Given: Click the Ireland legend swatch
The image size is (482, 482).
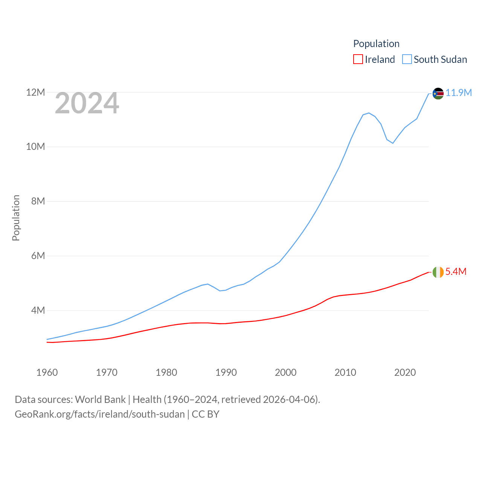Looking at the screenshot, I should (358, 59).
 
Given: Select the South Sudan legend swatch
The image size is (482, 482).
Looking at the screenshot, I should (407, 59).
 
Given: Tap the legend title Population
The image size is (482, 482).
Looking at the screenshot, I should (376, 44).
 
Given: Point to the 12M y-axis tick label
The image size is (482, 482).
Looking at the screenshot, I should (35, 92).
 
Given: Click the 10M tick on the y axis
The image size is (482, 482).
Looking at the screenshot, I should (35, 146).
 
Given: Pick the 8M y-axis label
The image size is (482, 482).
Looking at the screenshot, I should (38, 201).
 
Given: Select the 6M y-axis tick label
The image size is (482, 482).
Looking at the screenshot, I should (38, 256).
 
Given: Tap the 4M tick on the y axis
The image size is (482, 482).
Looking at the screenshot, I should (38, 310).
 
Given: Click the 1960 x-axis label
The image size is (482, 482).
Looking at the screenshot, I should (47, 372).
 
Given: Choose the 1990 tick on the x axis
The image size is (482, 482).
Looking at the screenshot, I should (226, 372).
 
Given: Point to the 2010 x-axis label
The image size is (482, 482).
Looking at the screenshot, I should (345, 372).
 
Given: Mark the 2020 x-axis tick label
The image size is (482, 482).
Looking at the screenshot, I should (405, 372).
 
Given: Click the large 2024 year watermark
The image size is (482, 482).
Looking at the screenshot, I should (87, 104).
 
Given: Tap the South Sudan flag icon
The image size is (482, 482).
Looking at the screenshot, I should (438, 93).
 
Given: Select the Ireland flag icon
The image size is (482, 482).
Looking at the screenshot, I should (438, 272).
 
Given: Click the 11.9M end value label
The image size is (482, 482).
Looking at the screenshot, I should (459, 93).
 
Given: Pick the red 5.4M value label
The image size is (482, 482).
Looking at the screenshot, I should (456, 272).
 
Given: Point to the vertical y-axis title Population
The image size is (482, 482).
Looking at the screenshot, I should (16, 218).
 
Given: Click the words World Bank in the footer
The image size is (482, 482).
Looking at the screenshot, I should (100, 400).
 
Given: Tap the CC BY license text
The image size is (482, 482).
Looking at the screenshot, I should (206, 414).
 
